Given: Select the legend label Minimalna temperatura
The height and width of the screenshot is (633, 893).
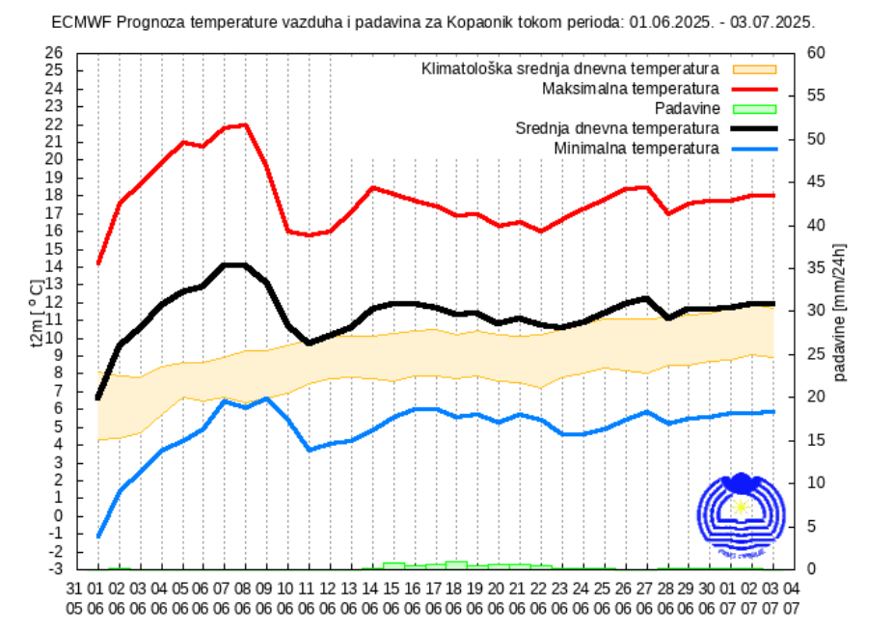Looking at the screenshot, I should click(636, 148).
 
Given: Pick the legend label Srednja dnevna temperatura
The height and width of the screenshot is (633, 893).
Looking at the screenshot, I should click(617, 128).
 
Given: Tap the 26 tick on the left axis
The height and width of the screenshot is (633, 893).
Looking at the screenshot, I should click(54, 53).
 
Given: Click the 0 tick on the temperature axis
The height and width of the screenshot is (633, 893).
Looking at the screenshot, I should click(58, 516).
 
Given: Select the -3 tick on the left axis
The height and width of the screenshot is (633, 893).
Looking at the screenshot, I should click(55, 569).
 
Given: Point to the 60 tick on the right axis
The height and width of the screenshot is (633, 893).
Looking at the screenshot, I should click(815, 53).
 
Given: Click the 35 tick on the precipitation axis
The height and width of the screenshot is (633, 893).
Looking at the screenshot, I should click(815, 267).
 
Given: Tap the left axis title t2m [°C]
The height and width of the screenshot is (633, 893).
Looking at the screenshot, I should click(36, 311).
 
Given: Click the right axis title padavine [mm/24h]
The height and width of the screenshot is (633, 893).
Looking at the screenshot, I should click(841, 311).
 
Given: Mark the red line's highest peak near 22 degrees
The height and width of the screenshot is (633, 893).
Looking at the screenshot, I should click(244, 124).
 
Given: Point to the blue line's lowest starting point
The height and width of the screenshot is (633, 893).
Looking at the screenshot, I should click(98, 536).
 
